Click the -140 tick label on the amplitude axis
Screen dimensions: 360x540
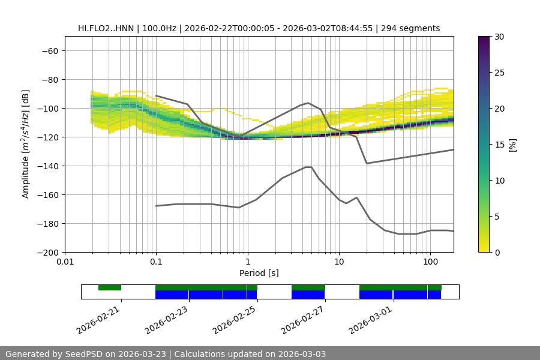pyautogui.click(x=49, y=166)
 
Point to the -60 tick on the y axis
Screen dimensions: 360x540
pyautogui.click(x=49, y=51)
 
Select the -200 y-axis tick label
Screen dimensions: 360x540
pyautogui.click(x=49, y=253)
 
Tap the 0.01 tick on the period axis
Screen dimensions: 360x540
pyautogui.click(x=65, y=262)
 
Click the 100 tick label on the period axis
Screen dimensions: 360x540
pyautogui.click(x=430, y=262)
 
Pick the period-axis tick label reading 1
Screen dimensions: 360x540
pyautogui.click(x=247, y=262)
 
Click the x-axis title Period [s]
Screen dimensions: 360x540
pyautogui.click(x=259, y=273)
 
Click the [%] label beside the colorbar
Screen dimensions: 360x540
pyautogui.click(x=512, y=145)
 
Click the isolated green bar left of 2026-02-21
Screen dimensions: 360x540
pyautogui.click(x=110, y=287)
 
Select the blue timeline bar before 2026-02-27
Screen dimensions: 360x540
pyautogui.click(x=308, y=295)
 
